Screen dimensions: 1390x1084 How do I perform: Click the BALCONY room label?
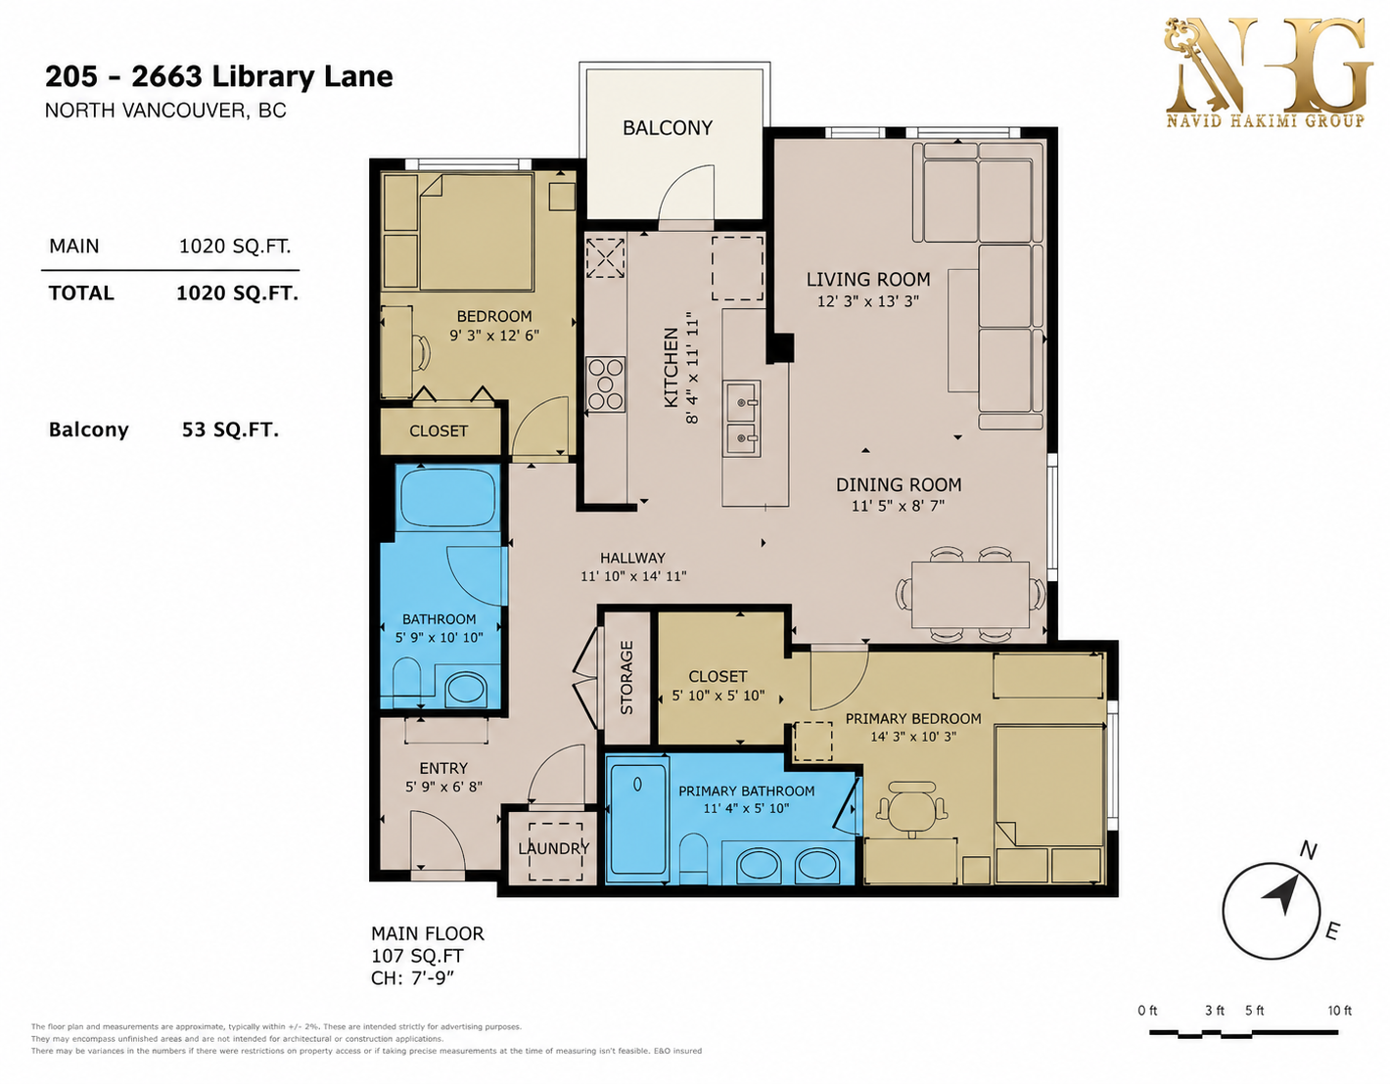pyautogui.click(x=668, y=128)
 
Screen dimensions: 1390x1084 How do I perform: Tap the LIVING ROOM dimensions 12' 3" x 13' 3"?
pyautogui.click(x=867, y=300)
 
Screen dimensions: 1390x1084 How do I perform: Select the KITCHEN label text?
pyautogui.click(x=671, y=368)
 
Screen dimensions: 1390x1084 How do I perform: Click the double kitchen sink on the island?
pyautogui.click(x=742, y=419)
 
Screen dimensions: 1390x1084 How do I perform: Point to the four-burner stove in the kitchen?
pyautogui.click(x=605, y=384)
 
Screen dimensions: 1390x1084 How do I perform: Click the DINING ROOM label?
pyautogui.click(x=898, y=485)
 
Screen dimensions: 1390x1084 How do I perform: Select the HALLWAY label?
pyautogui.click(x=632, y=558)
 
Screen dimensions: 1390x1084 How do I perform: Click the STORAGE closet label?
pyautogui.click(x=626, y=677)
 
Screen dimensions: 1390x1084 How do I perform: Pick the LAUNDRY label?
pyautogui.click(x=553, y=848)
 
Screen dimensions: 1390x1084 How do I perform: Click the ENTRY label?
pyautogui.click(x=443, y=768)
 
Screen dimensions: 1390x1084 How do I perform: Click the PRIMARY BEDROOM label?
pyautogui.click(x=913, y=719)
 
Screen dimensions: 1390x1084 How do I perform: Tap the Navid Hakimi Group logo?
pyautogui.click(x=1269, y=72)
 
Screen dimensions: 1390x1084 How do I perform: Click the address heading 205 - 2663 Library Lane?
pyautogui.click(x=218, y=76)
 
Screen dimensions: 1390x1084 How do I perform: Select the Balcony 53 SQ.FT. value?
pyautogui.click(x=230, y=429)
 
